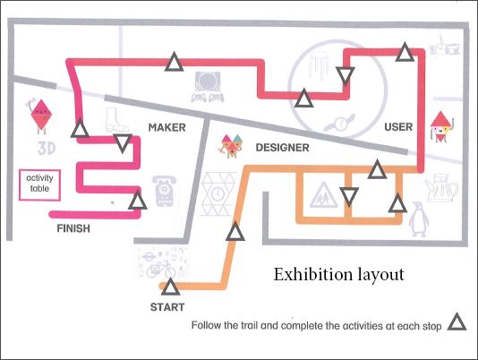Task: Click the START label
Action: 167,307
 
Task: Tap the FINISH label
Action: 73,228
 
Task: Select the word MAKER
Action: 167,127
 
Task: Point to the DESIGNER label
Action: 282,148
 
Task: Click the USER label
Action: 398,127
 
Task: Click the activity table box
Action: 39,184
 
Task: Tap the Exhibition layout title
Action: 338,275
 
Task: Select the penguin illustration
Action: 419,219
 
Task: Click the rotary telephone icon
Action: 164,191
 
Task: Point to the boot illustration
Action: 115,120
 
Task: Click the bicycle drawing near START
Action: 161,270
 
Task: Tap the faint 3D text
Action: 47,149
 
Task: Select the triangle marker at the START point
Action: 170,287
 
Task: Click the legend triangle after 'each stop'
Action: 457,322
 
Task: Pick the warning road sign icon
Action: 323,195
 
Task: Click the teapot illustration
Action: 441,188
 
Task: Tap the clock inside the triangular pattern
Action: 218,194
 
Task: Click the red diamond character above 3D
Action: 41,116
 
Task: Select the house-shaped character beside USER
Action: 441,127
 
